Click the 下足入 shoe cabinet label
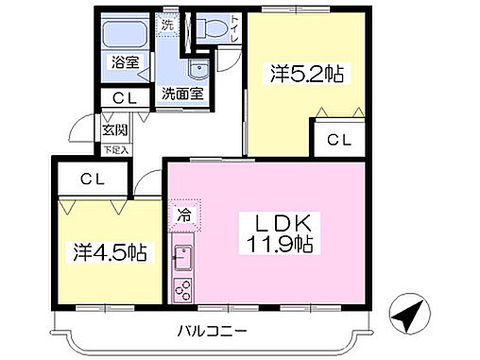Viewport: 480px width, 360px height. point(115,149)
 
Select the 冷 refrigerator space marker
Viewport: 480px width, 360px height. point(184,214)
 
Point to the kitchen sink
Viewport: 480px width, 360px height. point(181,256)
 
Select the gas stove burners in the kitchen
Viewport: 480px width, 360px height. point(181,288)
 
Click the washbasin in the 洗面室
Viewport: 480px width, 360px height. point(197,73)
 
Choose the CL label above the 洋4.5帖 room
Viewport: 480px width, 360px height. point(91,178)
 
